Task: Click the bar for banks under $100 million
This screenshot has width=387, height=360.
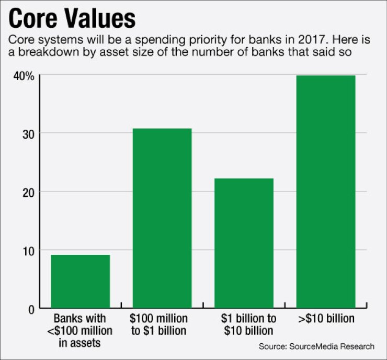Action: [80, 282]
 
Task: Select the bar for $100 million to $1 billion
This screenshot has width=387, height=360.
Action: [162, 218]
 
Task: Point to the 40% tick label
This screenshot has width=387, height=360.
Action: [24, 76]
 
